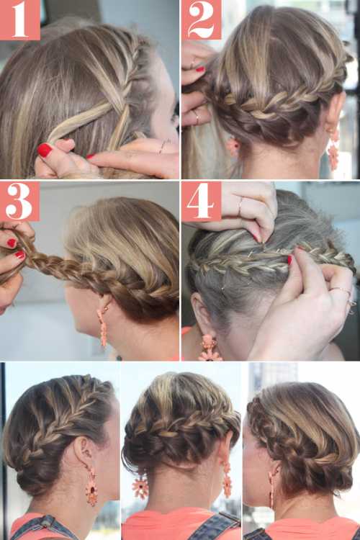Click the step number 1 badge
click(x=20, y=19)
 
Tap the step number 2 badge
click(x=201, y=19)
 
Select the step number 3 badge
click(x=19, y=201)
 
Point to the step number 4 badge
click(x=201, y=202)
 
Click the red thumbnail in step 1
click(x=45, y=150)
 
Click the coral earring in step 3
click(x=103, y=325)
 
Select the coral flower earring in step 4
click(x=210, y=347)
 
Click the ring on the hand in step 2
click(x=197, y=117)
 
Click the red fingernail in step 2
click(x=200, y=69)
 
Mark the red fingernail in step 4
click(x=289, y=260)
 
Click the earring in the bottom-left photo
click(x=91, y=485)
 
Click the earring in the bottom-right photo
click(x=271, y=490)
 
